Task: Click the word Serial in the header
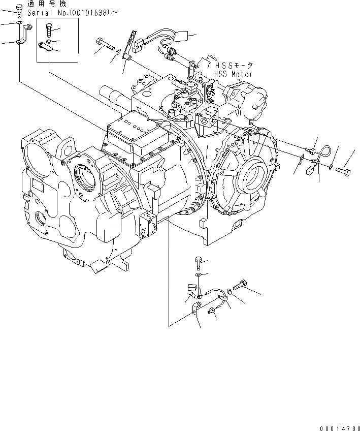[39, 12]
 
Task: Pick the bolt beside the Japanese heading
[19, 10]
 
